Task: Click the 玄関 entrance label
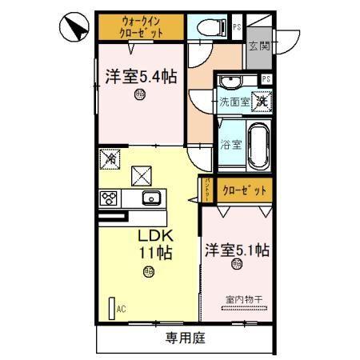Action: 258,46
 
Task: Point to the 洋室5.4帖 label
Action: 141,77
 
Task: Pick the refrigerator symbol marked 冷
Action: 110,158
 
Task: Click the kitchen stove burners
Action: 110,198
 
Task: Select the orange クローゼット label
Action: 245,192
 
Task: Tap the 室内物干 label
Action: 243,299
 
